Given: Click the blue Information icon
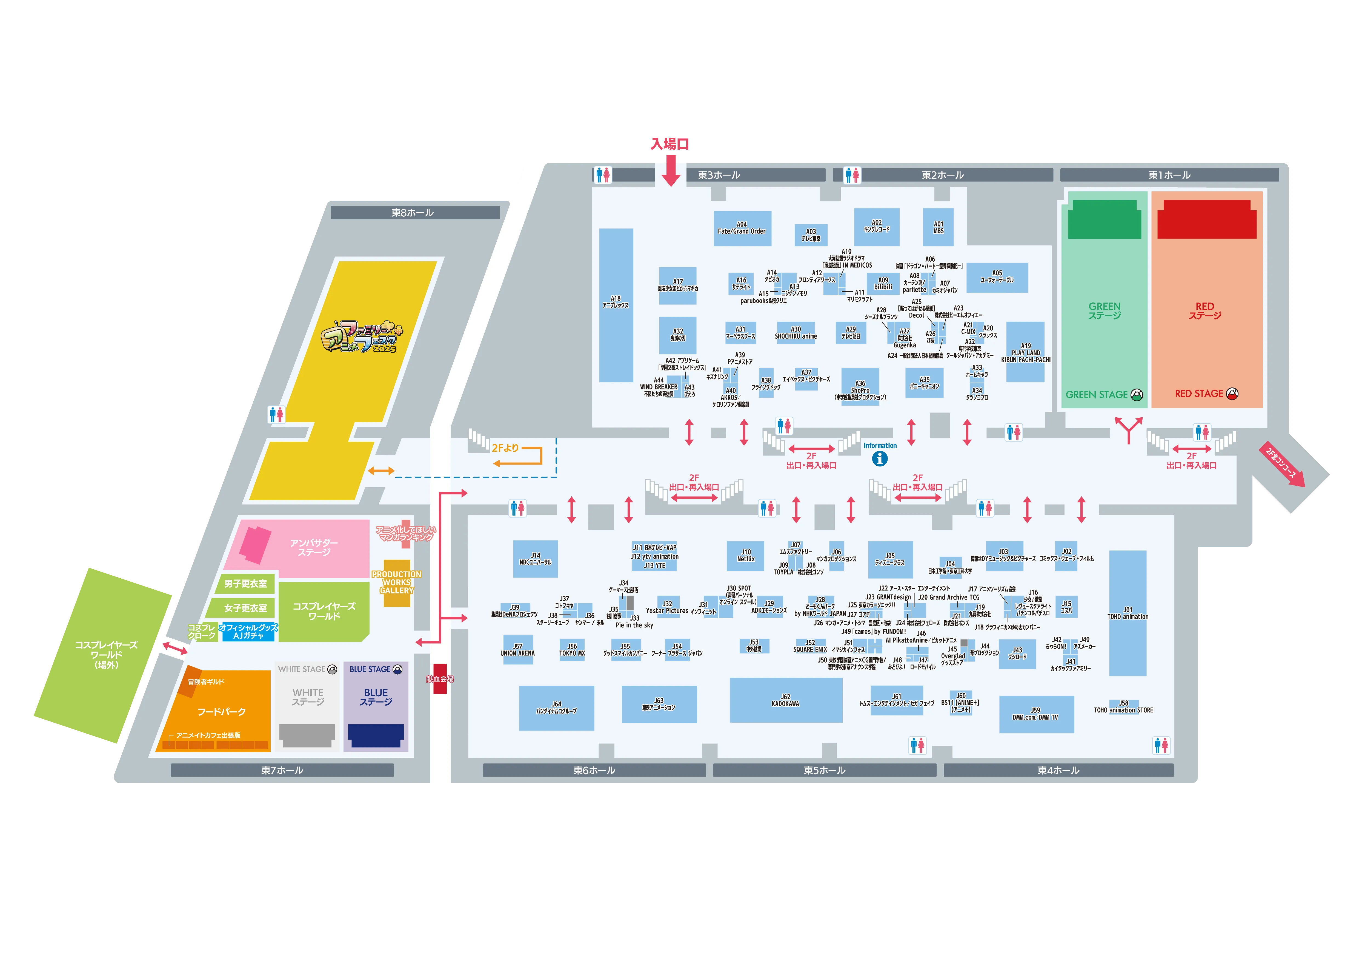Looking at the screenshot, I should tap(880, 459).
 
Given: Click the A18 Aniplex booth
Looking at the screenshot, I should tap(616, 305).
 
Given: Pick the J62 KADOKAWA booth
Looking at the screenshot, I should tap(785, 700).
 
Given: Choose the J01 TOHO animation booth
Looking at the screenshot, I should tap(1128, 613).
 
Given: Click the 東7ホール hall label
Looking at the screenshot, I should tap(282, 770).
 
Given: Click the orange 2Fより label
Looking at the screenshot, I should tap(505, 448).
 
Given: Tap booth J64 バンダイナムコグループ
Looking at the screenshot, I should tap(556, 708).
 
